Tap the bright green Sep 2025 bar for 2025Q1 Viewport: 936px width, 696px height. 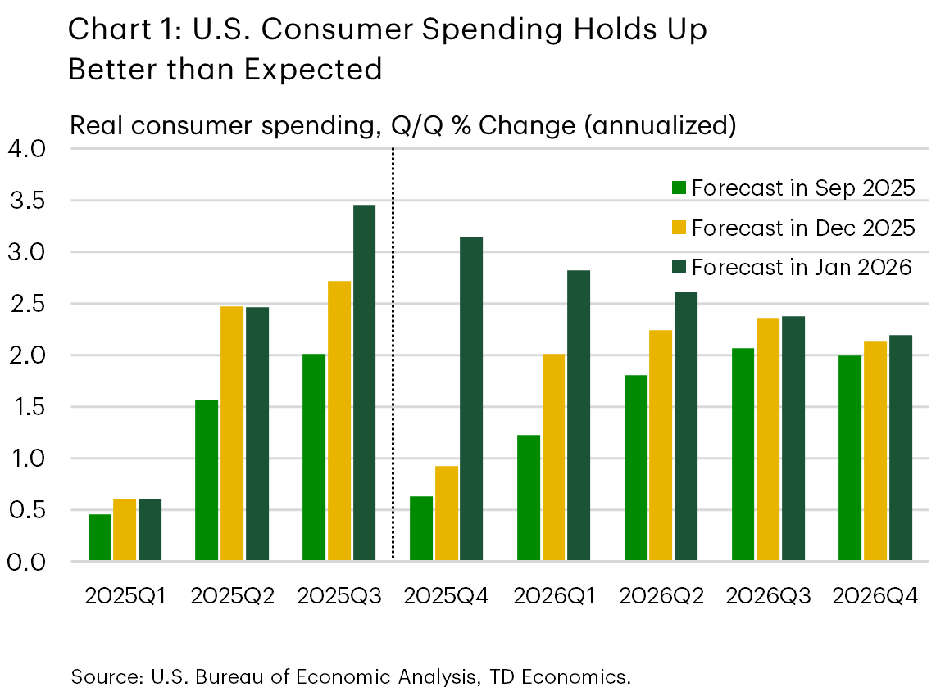click(99, 538)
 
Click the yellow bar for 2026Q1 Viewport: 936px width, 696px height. click(554, 458)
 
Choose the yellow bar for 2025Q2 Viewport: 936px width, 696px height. click(232, 434)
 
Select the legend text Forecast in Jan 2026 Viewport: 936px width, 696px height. click(801, 267)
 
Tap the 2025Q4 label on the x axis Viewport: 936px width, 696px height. click(446, 597)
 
